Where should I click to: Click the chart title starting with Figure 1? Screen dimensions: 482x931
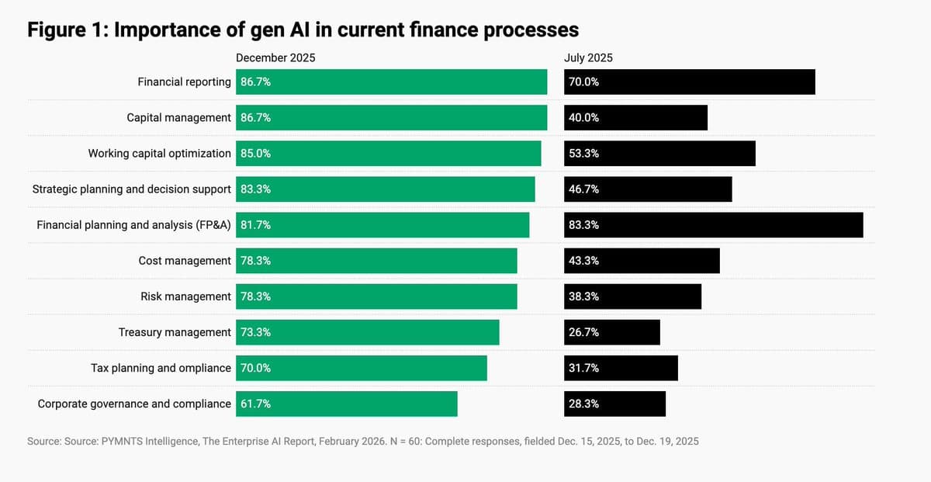click(303, 29)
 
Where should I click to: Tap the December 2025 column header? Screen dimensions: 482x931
click(275, 57)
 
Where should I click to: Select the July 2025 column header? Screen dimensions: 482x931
click(588, 57)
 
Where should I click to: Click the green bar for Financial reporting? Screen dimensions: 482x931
click(391, 82)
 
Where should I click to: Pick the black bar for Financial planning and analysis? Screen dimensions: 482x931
click(713, 225)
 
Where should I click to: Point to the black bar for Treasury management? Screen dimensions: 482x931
click(612, 332)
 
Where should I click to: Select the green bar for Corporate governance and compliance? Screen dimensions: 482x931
click(346, 404)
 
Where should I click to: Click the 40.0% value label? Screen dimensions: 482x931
click(583, 118)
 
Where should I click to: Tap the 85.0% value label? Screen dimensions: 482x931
click(255, 154)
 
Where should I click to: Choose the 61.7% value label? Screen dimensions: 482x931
click(255, 404)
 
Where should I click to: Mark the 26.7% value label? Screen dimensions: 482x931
click(583, 332)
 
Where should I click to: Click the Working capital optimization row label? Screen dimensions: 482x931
click(159, 154)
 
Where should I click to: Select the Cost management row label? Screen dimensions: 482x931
click(185, 261)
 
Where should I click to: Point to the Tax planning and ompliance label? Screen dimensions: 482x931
click(161, 368)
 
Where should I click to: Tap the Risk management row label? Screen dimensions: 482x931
click(185, 296)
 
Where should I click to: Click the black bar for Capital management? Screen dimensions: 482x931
click(635, 118)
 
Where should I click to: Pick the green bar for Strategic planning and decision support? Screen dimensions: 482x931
click(385, 189)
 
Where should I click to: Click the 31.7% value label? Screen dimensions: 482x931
click(583, 368)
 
